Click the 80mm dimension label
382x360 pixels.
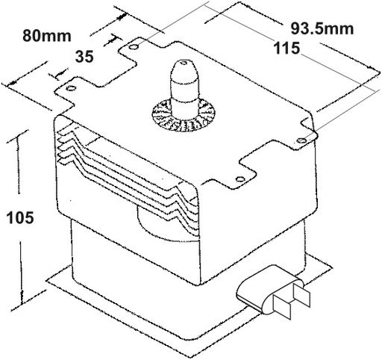coord(47,36)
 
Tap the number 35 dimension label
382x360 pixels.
coord(84,56)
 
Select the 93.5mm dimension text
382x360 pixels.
coord(322,28)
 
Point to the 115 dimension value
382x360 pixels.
coord(286,48)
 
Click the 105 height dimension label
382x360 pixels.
coord(20,217)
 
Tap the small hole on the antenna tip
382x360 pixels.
coord(184,63)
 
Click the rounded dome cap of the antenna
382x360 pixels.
coord(184,72)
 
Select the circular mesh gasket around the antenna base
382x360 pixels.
coord(184,115)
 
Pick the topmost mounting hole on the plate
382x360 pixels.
coord(134,46)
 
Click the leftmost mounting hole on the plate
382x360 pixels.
coord(71,88)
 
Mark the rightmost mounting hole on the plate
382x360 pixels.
coord(301,140)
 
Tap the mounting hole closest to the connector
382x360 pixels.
coord(239,179)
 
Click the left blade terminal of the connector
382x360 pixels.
coord(282,306)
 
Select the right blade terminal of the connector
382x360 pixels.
coord(302,295)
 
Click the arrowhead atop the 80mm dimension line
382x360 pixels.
coord(121,17)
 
